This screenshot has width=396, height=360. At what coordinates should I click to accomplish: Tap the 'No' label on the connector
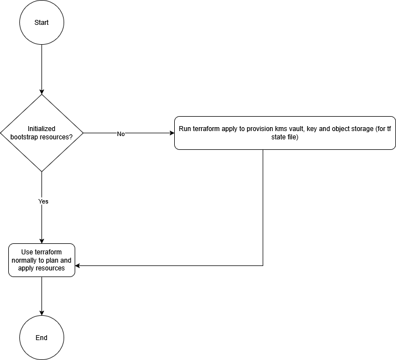tap(121, 134)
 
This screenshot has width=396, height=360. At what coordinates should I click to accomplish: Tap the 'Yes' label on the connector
tap(43, 201)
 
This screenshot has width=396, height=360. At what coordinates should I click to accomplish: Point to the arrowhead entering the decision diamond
tap(41, 92)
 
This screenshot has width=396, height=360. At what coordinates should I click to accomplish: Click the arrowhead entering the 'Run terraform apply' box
tap(172, 133)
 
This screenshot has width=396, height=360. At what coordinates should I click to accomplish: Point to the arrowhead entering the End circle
tap(41, 313)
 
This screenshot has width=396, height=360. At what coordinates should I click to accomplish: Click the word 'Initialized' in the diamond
tap(41, 129)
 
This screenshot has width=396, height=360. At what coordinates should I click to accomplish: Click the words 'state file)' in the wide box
tap(285, 137)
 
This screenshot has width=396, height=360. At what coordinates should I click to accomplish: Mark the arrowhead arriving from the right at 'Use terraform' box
tap(78, 265)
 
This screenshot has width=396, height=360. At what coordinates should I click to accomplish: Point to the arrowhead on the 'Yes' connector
tap(41, 241)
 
